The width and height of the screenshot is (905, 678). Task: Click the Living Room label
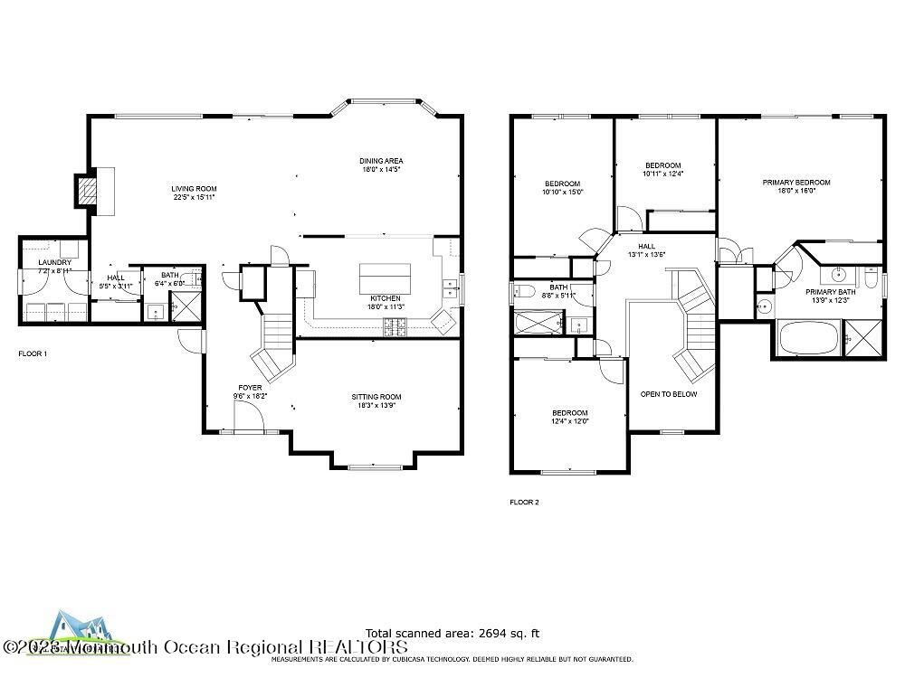(x=195, y=189)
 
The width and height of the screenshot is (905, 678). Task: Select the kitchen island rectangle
(x=386, y=275)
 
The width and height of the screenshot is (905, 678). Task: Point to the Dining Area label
(x=381, y=161)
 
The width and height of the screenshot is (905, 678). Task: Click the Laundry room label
(x=53, y=263)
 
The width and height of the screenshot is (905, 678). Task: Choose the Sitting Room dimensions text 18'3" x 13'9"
(x=376, y=405)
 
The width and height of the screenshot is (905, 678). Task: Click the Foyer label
(x=250, y=387)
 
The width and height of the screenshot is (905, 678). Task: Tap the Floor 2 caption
(x=524, y=502)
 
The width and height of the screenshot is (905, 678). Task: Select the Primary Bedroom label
(x=795, y=183)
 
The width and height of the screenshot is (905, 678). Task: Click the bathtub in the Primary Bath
(x=808, y=340)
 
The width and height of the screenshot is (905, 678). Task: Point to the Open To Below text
(x=669, y=394)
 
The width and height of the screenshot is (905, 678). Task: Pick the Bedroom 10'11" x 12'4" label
(x=662, y=165)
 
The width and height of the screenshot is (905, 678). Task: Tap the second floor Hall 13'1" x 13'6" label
(x=646, y=246)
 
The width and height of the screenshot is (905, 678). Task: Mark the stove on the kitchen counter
(x=395, y=327)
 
